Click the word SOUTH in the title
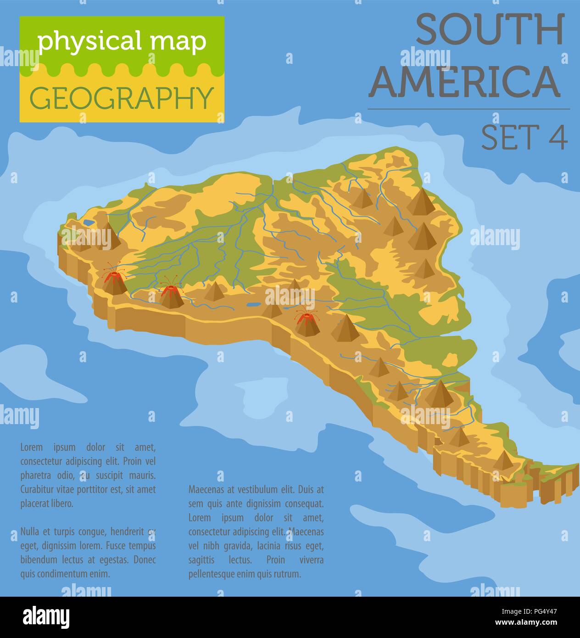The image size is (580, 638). coord(490,30)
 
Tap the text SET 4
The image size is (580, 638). coord(524,136)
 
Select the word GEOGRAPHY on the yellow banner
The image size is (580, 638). coord(122,98)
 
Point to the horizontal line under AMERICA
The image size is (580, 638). coord(468,109)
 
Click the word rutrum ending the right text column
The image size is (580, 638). coord(287,574)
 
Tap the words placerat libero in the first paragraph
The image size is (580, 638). coord(47,504)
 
